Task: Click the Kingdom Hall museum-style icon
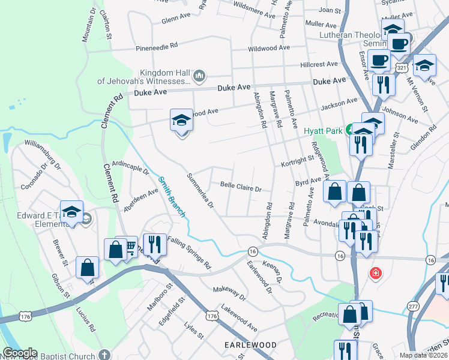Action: click(x=199, y=76)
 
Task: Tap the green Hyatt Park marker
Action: click(x=352, y=130)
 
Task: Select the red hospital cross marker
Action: click(x=376, y=273)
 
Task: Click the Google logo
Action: click(x=20, y=353)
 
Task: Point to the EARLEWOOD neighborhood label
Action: click(x=250, y=346)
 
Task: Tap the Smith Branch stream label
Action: click(x=172, y=196)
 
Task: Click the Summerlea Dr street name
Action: click(x=200, y=191)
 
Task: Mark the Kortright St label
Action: click(x=297, y=160)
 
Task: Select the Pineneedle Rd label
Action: click(x=157, y=45)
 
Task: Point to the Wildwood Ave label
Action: click(x=270, y=47)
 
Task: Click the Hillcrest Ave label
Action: click(x=320, y=64)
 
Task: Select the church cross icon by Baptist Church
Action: click(x=104, y=355)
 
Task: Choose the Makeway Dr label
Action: click(x=230, y=293)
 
